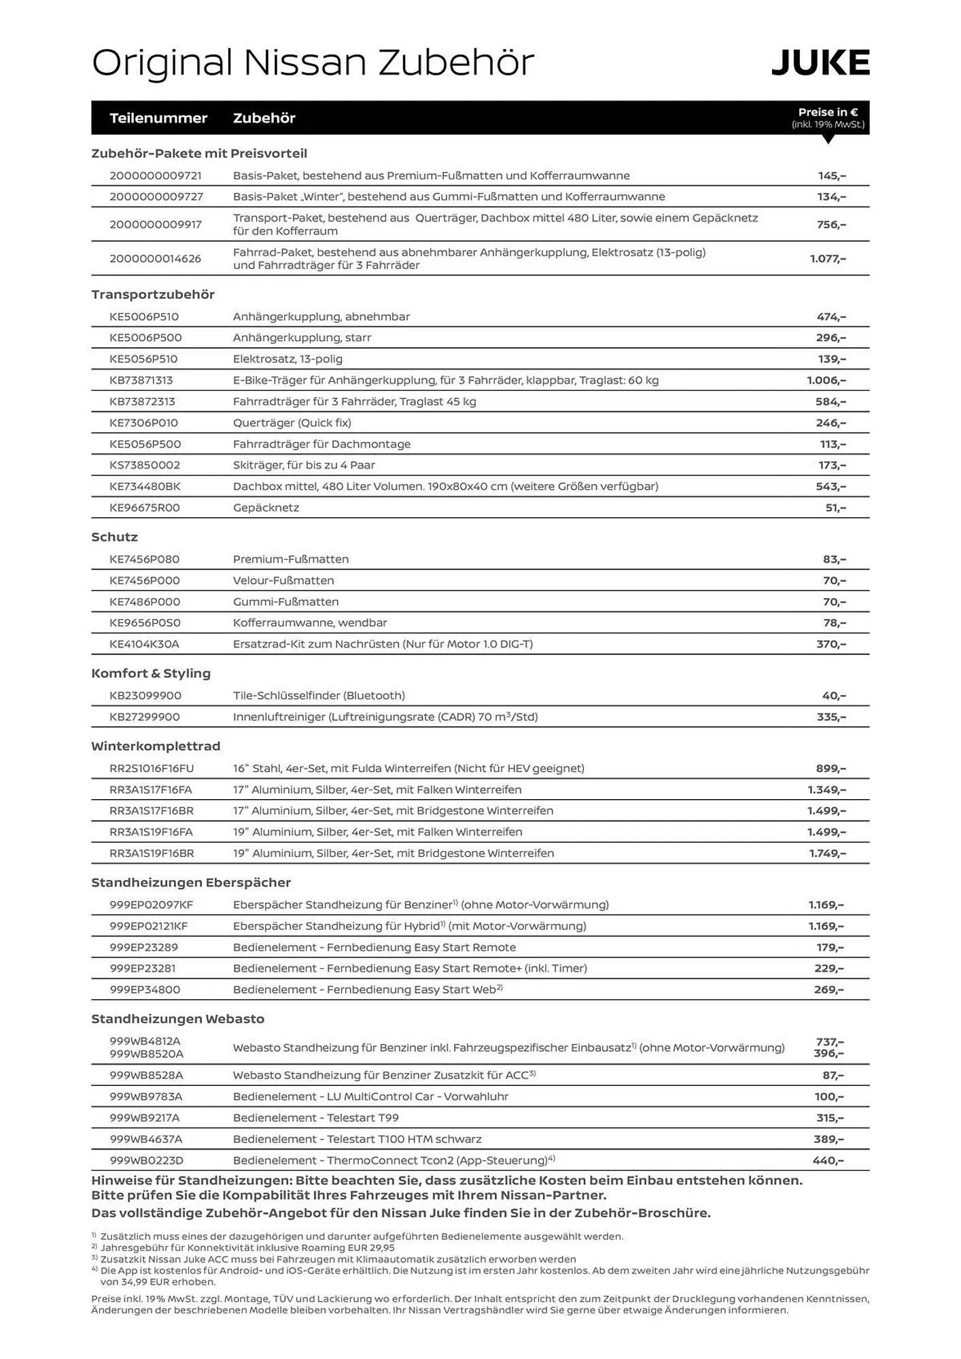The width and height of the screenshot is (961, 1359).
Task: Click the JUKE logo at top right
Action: point(820,63)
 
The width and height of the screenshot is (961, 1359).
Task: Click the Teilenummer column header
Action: point(158,118)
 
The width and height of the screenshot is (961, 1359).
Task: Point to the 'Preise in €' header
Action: point(828,112)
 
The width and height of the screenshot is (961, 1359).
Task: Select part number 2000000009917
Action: point(156,224)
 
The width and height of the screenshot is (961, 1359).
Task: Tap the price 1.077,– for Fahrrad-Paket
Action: point(828,259)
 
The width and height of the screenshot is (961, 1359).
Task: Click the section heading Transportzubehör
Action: point(153,294)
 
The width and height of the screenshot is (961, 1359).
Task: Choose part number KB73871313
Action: point(141,381)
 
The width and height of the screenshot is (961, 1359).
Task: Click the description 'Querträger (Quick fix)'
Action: point(292,423)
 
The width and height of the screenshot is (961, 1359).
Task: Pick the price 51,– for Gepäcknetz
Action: point(835,508)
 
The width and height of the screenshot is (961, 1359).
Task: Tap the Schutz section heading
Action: point(115,537)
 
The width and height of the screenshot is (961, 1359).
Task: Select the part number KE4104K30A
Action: point(145,644)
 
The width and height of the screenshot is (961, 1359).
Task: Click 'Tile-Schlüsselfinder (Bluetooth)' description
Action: point(319,696)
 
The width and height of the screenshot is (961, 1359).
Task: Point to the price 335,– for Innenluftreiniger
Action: point(831,717)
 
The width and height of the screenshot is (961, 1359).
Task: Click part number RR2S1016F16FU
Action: point(152,769)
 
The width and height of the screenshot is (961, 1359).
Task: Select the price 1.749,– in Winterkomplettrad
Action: point(827,853)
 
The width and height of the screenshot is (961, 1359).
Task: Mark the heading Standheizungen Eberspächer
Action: point(191,883)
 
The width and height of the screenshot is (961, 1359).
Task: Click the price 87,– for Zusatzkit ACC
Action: point(833,1076)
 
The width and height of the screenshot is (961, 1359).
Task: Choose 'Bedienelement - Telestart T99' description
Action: point(316,1118)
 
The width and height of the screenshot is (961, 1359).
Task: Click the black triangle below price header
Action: point(828,139)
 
